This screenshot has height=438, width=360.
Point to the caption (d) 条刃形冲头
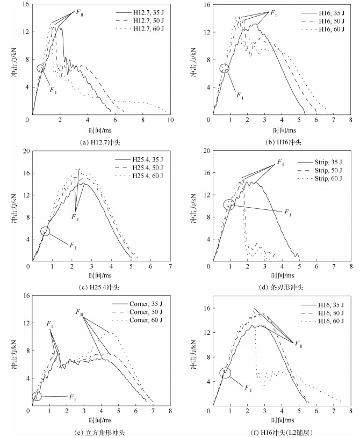point(281,287)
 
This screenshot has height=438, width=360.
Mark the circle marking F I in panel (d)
point(229,205)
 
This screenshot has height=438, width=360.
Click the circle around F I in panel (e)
point(37,396)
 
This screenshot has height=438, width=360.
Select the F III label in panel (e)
point(79,312)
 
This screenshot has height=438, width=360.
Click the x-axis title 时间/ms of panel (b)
point(280,130)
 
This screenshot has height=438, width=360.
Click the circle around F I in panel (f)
point(226,373)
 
